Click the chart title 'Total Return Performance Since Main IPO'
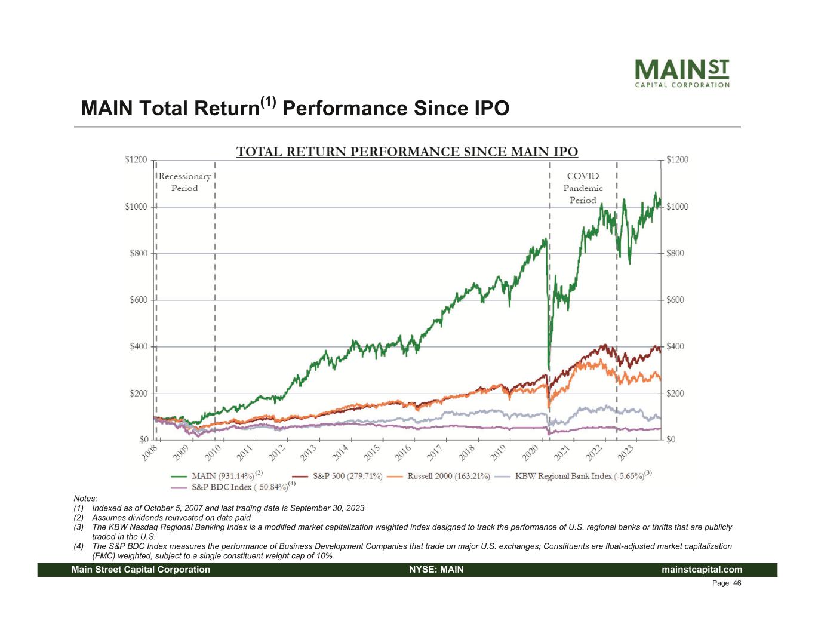pyautogui.click(x=407, y=152)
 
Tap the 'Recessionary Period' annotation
pyautogui.click(x=184, y=182)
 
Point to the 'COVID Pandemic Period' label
pyautogui.click(x=583, y=188)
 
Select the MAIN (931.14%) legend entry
pyautogui.click(x=216, y=477)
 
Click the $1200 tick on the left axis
pyautogui.click(x=136, y=159)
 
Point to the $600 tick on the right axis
pyautogui.click(x=677, y=300)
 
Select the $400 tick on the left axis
pyautogui.click(x=139, y=346)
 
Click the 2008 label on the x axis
pyautogui.click(x=150, y=453)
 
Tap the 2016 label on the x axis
pyautogui.click(x=402, y=453)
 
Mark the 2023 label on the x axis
pyautogui.click(x=625, y=453)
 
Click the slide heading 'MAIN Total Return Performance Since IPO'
pyautogui.click(x=295, y=108)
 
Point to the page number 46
pyautogui.click(x=737, y=583)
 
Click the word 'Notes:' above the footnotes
pyautogui.click(x=85, y=498)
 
